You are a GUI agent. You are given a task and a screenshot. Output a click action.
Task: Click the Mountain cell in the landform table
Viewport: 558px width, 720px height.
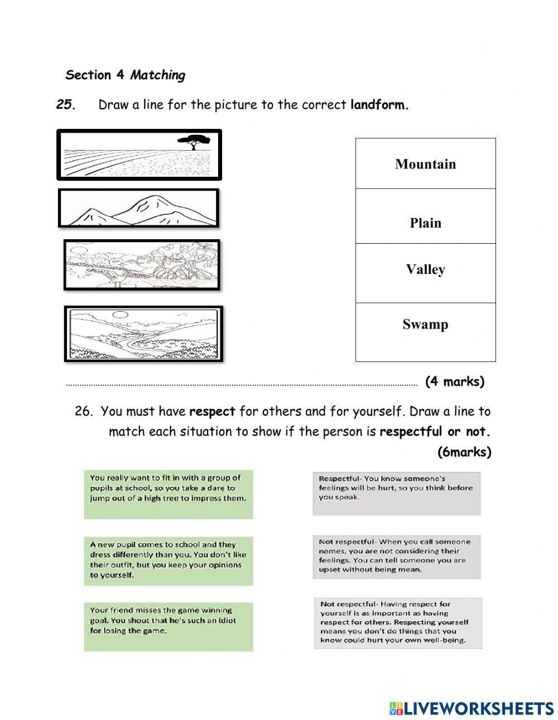tap(425, 164)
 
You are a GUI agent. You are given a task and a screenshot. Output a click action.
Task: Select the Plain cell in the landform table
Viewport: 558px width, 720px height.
tap(425, 223)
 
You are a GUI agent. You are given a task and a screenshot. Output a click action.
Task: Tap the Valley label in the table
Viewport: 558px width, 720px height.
tap(425, 270)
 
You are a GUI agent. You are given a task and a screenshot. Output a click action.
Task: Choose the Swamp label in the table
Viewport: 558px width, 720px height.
tap(425, 325)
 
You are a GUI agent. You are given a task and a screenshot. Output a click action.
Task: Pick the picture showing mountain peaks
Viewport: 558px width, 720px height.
tap(138, 208)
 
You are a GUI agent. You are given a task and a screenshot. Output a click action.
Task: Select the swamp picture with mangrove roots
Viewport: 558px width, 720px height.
tap(142, 265)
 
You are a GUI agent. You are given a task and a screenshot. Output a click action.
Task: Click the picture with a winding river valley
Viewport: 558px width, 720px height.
tap(143, 334)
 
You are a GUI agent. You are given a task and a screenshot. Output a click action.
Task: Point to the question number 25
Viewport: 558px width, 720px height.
tap(66, 105)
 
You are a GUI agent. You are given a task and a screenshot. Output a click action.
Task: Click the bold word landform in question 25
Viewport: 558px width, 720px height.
tap(379, 105)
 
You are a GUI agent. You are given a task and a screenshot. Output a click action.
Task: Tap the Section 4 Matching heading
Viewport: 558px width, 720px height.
tap(125, 75)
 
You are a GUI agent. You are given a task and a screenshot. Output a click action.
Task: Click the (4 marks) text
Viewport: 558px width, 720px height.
tap(454, 381)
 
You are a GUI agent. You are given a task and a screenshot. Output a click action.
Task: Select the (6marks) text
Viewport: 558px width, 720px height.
tap(464, 452)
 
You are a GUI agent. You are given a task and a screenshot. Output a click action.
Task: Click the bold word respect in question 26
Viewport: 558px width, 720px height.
tap(212, 412)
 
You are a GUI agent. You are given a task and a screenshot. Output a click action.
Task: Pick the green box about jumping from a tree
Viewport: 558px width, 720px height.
tap(169, 494)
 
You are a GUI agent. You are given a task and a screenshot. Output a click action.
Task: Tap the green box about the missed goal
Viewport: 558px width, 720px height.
tap(169, 626)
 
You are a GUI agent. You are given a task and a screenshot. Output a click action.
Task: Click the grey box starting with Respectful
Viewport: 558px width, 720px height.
tap(396, 494)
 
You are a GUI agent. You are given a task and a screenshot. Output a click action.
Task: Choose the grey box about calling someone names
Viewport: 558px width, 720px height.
tap(396, 556)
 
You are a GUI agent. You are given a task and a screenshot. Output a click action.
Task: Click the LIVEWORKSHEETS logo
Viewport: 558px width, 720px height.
tap(472, 708)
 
